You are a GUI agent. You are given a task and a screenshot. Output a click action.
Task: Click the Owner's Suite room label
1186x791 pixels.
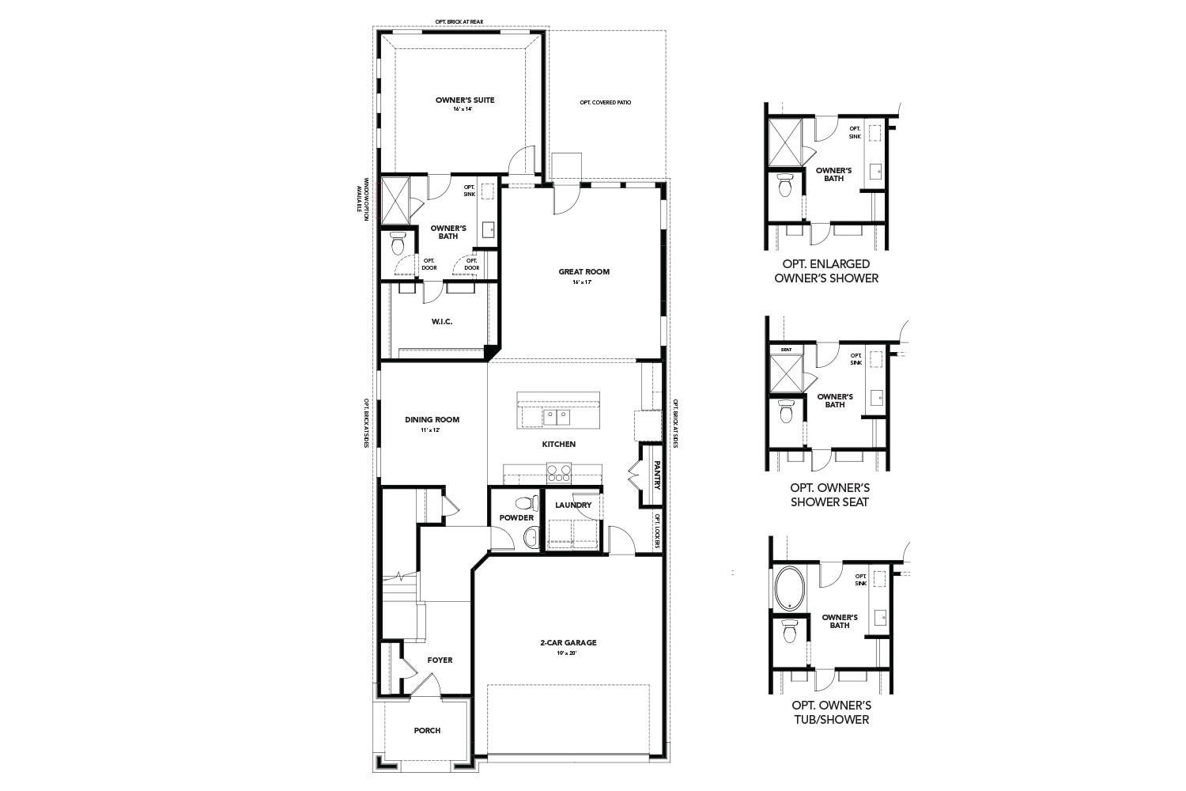(x=454, y=100)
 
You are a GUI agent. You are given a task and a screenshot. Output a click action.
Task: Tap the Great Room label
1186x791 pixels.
(x=584, y=272)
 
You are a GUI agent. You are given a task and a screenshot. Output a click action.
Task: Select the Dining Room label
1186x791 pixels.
(x=432, y=420)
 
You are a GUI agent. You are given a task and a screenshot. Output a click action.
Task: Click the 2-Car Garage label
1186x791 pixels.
(x=568, y=643)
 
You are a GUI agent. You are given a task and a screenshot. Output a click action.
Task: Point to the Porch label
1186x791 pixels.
(x=427, y=730)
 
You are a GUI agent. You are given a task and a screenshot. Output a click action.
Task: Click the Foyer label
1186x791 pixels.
(x=440, y=660)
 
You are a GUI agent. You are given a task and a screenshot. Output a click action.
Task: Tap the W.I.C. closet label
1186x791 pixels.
(x=441, y=322)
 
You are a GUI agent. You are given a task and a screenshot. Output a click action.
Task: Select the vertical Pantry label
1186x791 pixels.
(x=656, y=475)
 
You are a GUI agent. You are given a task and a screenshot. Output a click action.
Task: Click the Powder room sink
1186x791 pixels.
(x=531, y=539)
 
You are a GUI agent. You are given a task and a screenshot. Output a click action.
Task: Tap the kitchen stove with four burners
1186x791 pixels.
(x=559, y=473)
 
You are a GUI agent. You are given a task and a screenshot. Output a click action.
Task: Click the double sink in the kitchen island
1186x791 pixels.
(x=556, y=416)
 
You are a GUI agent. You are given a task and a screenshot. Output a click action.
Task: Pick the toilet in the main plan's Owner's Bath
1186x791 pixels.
(x=398, y=244)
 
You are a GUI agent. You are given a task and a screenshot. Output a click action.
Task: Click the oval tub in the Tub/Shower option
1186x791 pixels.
(x=788, y=587)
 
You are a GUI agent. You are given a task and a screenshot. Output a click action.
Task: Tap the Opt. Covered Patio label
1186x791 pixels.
(x=605, y=103)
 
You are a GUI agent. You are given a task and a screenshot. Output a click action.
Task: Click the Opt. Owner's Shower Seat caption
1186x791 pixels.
(x=830, y=494)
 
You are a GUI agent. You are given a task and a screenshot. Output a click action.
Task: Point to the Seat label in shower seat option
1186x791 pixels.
(x=786, y=350)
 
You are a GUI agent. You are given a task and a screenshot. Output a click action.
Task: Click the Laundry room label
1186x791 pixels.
(x=573, y=505)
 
